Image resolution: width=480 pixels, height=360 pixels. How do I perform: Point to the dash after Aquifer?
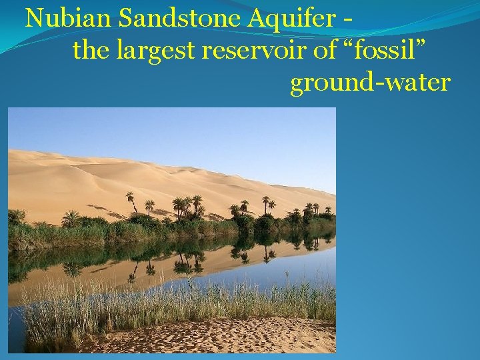click(x=348, y=19)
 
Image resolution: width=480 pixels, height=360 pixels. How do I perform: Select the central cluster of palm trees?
click(x=187, y=208)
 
